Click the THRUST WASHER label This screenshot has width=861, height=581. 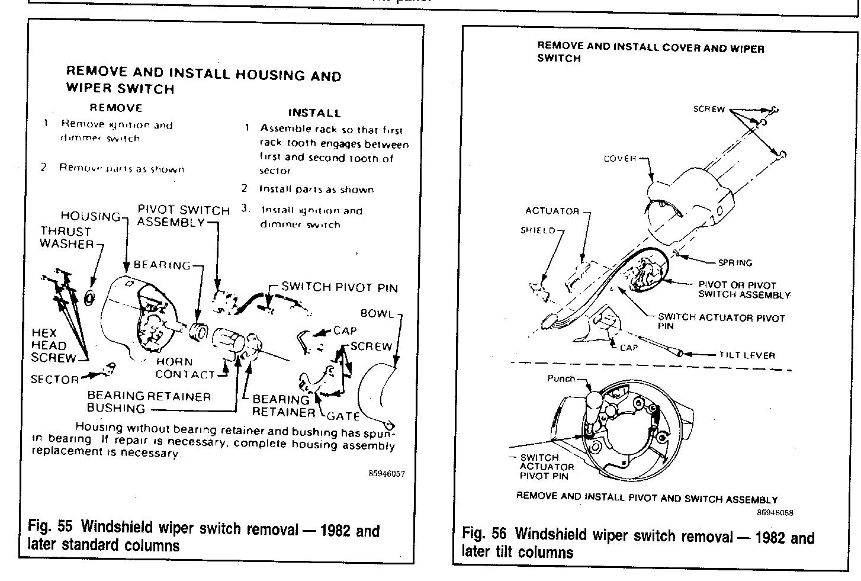(66, 237)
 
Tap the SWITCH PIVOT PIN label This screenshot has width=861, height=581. (339, 287)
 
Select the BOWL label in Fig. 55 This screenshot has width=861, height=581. (377, 313)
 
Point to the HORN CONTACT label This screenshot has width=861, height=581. (184, 368)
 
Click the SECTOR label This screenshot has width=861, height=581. (55, 379)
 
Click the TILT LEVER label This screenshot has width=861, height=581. (747, 355)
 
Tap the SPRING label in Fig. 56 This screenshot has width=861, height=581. (735, 262)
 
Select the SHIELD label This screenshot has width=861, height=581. (538, 230)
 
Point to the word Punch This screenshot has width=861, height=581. (561, 378)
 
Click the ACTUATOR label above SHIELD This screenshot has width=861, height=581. (551, 211)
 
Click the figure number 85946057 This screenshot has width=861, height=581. (386, 474)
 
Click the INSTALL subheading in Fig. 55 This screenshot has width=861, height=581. (314, 113)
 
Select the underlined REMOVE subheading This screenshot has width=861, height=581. (116, 108)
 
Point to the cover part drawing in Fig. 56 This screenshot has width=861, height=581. (687, 201)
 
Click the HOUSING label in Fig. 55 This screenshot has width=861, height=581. (91, 216)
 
